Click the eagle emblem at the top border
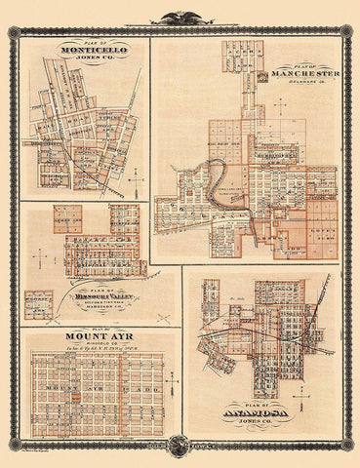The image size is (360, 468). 180,18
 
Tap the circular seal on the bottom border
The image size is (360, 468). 179,447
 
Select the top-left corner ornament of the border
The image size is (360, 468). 14,32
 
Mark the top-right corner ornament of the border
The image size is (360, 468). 346,32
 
